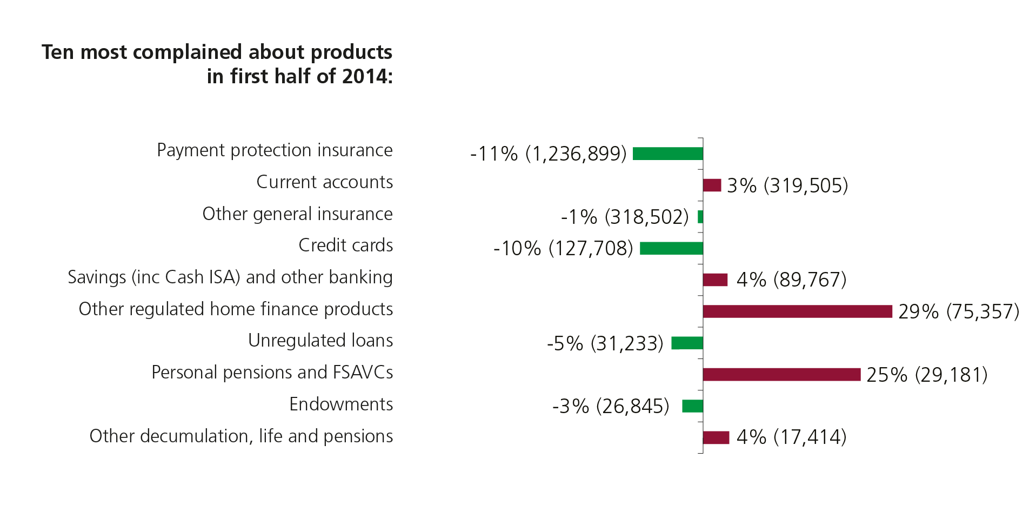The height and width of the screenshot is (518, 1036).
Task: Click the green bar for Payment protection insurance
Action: [667, 154]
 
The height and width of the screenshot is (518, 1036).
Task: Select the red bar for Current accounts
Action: [712, 185]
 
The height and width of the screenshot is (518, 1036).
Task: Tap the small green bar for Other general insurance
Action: [700, 217]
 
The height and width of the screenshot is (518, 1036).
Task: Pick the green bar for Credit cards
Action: [671, 248]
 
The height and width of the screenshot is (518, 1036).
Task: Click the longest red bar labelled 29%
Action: [797, 311]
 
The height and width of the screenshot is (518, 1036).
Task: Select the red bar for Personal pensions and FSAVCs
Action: [781, 375]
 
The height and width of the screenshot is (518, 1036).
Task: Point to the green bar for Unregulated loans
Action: [687, 343]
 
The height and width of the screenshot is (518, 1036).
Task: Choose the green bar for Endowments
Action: [692, 406]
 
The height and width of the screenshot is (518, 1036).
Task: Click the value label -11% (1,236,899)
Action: [548, 154]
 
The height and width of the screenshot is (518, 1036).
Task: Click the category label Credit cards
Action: [345, 245]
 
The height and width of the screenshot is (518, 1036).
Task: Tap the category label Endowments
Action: [341, 404]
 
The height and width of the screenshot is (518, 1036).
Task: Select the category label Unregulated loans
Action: [320, 341]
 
